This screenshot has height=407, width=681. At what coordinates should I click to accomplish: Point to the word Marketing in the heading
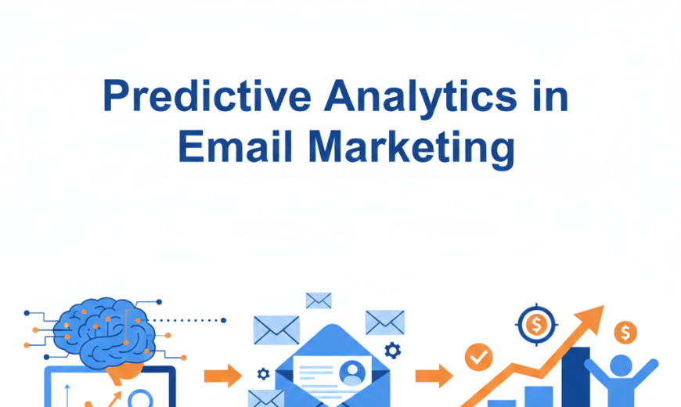pyautogui.click(x=411, y=148)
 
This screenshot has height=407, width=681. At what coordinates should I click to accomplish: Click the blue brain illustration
pyautogui.click(x=103, y=328)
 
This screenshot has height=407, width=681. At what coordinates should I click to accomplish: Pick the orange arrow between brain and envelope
pyautogui.click(x=222, y=376)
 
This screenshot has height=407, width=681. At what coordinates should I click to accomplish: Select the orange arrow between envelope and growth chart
pyautogui.click(x=434, y=375)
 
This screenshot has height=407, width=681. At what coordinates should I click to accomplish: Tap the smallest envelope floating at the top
pyautogui.click(x=319, y=300)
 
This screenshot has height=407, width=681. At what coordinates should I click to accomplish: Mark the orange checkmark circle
pyautogui.click(x=478, y=357)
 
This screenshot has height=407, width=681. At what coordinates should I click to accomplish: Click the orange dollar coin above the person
pyautogui.click(x=625, y=333)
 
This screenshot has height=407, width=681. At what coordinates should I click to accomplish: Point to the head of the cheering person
pyautogui.click(x=621, y=366)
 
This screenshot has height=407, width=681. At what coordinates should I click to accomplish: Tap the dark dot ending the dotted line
pyautogui.click(x=223, y=320)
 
